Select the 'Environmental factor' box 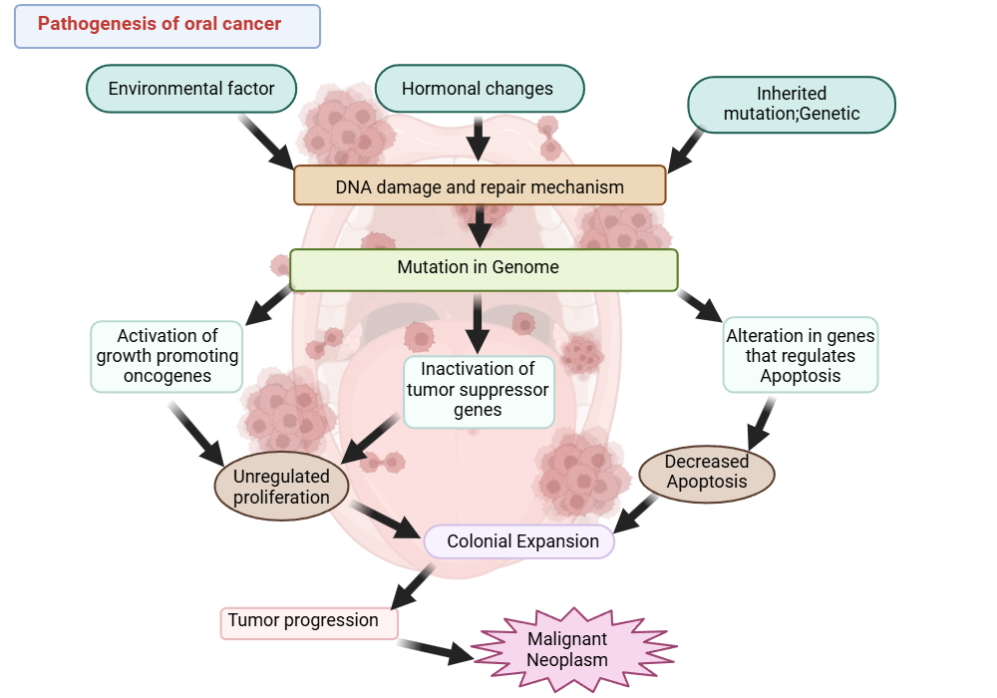(x=191, y=89)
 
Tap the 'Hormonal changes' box (x=478, y=89)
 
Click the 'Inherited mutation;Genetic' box (x=791, y=104)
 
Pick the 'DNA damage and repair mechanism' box (x=480, y=186)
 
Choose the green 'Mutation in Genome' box (x=483, y=268)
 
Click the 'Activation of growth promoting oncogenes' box (x=166, y=356)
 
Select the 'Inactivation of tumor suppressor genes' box (x=478, y=390)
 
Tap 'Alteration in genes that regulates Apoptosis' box (x=800, y=356)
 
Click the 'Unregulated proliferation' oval (x=281, y=488)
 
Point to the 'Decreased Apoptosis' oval (x=706, y=472)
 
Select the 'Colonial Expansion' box (x=520, y=541)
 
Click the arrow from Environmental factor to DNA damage (x=266, y=141)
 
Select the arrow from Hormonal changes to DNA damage (x=479, y=138)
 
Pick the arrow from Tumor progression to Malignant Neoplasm (x=436, y=649)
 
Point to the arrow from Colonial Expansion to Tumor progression (x=412, y=585)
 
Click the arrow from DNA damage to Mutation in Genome (x=481, y=225)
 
